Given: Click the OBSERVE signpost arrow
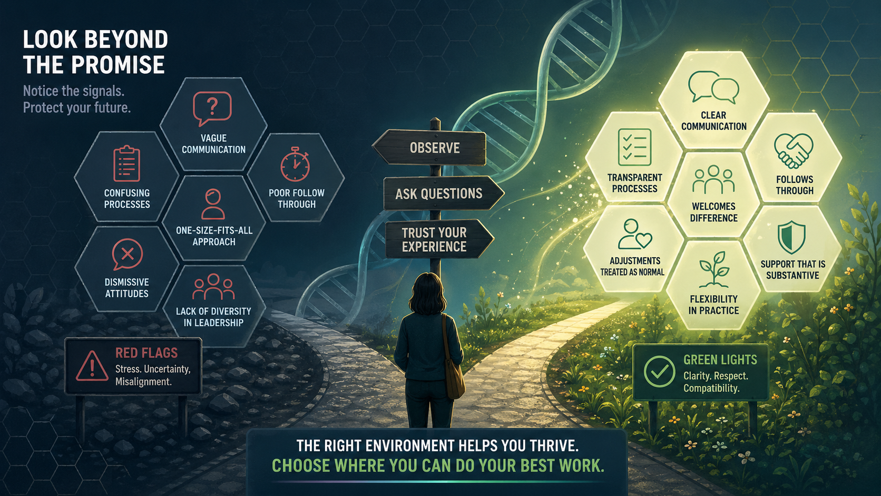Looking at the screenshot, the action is [x=429, y=148].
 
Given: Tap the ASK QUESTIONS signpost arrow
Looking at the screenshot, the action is [x=443, y=193].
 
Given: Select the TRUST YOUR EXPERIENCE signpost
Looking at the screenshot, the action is [x=439, y=239].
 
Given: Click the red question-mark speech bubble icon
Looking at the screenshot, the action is [x=212, y=108].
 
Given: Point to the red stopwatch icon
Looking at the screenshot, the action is [x=295, y=164].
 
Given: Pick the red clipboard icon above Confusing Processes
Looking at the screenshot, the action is [x=126, y=163].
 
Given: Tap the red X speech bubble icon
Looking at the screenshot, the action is [x=126, y=254].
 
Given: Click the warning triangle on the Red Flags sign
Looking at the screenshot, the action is [x=92, y=366].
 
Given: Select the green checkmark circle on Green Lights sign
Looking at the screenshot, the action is [x=659, y=372].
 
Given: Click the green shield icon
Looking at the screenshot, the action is [x=792, y=237].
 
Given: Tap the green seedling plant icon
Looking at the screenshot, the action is [x=714, y=269].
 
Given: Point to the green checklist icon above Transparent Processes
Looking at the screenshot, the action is [x=634, y=147].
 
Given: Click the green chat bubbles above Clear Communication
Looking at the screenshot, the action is [x=713, y=87].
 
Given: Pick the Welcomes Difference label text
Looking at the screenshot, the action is [x=713, y=212].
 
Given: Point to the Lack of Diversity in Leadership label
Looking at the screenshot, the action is [x=213, y=317].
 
